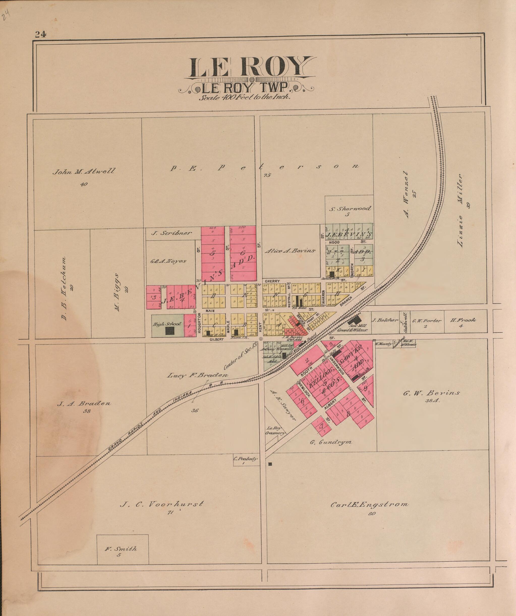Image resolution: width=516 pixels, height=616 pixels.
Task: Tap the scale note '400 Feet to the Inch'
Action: [x=245, y=98]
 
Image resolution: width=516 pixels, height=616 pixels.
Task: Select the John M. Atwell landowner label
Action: [x=84, y=171]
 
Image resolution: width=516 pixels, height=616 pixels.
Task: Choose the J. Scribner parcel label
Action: [x=171, y=233]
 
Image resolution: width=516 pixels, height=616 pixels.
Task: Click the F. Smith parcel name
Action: [x=121, y=549]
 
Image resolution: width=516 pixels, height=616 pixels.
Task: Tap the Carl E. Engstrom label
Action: [x=370, y=505]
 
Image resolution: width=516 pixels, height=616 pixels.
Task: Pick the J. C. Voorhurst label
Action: [x=162, y=505]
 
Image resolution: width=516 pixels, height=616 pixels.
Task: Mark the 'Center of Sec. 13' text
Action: [x=241, y=356]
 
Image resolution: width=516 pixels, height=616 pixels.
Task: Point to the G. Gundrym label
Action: [x=331, y=442]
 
